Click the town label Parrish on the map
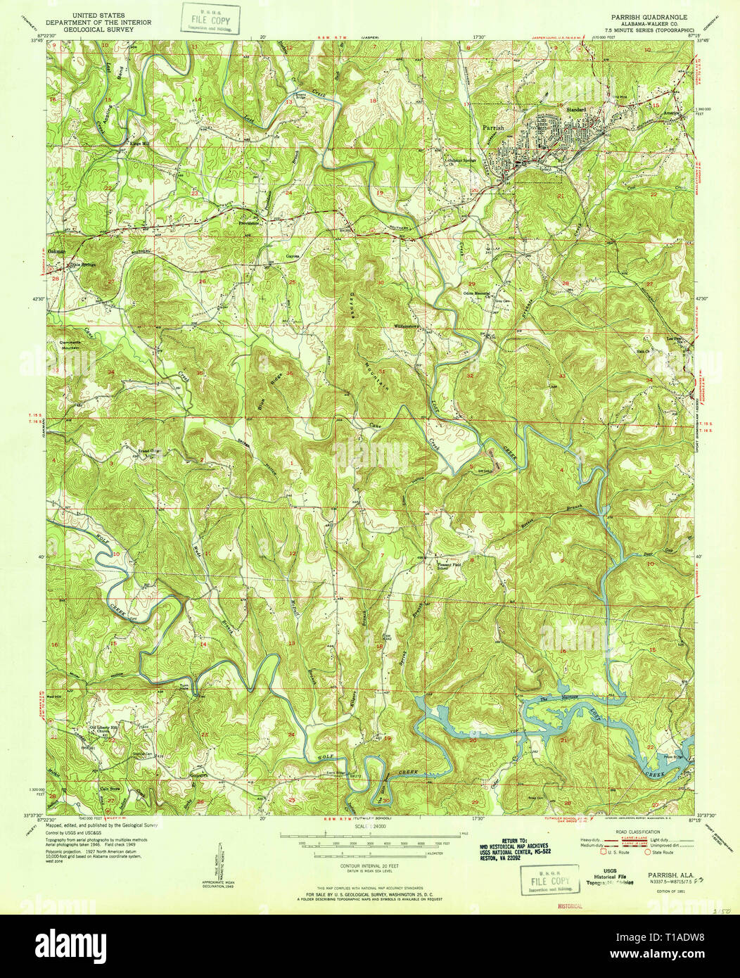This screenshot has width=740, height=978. point(493,128)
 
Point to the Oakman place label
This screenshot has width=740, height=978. point(57,251)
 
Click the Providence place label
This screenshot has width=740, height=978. point(248,222)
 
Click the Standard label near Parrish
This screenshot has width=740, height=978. point(576,110)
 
